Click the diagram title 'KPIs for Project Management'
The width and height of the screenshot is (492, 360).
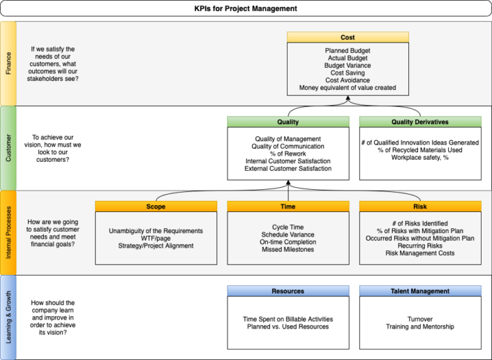246,8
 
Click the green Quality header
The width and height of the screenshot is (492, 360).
288,121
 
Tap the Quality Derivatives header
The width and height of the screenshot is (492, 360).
420,121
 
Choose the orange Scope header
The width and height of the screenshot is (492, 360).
156,207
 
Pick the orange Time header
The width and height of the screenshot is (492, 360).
288,207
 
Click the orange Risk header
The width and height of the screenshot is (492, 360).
420,207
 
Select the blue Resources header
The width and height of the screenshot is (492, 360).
288,291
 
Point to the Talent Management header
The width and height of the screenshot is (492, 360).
420,291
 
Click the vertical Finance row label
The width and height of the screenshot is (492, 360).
8,63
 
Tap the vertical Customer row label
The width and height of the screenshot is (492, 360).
8,147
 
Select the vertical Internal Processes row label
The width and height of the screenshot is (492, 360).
8,232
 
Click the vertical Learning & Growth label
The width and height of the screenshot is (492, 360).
8,317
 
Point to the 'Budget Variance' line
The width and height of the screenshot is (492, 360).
348,66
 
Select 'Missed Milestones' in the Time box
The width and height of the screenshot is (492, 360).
288,249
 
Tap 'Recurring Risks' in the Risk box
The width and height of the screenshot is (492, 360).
420,246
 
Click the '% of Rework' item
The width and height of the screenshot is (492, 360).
288,153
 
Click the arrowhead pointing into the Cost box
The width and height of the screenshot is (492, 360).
348,99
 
